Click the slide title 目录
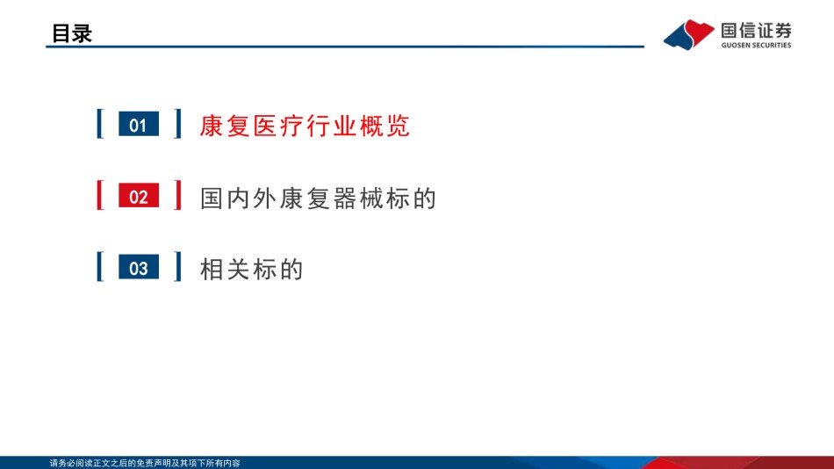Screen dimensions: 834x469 click(72, 33)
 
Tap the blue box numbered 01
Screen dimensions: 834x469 click(139, 124)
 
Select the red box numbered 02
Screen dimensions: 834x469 click(139, 196)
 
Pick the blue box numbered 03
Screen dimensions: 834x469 click(139, 267)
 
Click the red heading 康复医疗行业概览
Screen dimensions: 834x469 click(305, 126)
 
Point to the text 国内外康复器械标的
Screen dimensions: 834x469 click(318, 198)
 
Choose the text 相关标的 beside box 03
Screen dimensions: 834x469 click(252, 270)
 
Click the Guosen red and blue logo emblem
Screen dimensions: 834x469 click(689, 34)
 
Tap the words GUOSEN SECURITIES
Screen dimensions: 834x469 click(756, 46)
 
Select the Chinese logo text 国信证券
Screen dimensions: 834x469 click(756, 31)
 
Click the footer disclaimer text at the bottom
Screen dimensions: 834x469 click(145, 463)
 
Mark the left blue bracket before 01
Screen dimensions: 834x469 click(100, 124)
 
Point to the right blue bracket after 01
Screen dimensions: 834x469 click(177, 124)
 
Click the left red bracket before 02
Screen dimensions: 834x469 click(100, 195)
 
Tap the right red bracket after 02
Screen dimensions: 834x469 click(177, 195)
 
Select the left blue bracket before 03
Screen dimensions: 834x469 click(100, 267)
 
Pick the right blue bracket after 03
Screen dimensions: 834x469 click(177, 267)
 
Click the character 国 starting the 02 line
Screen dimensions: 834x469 click(212, 198)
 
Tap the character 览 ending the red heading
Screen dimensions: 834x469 click(399, 126)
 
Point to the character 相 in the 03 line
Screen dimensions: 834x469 click(212, 270)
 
